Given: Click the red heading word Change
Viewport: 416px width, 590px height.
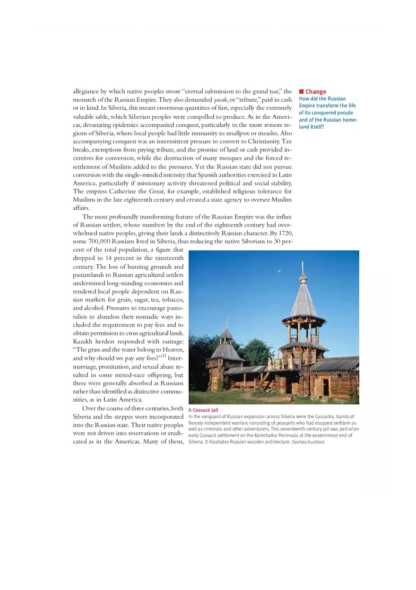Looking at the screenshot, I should point(316,92).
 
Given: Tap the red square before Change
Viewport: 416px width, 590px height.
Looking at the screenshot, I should point(301,92).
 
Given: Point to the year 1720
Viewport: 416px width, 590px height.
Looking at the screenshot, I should point(285,233).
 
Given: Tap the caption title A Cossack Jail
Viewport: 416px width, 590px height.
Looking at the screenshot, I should point(203,410).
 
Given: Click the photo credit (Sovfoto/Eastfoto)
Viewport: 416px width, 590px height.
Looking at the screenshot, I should point(308,442).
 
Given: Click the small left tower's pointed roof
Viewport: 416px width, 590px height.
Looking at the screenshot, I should point(226,335).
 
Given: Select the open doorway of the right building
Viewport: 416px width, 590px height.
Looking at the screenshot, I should point(326,387).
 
